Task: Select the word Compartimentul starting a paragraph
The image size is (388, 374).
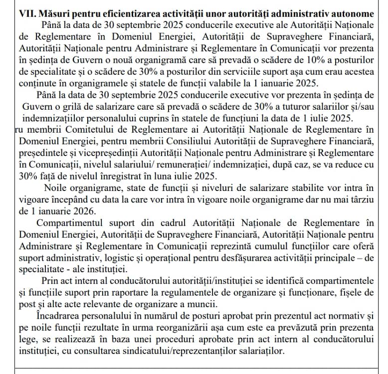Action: pyautogui.click(x=80, y=222)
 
